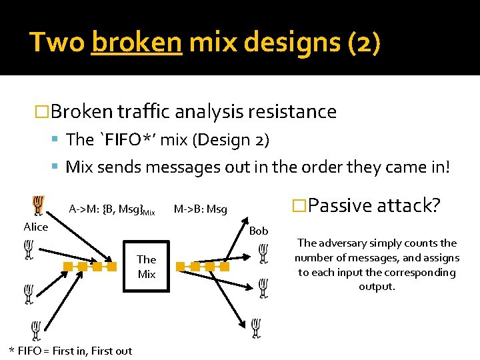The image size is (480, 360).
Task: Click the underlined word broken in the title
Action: coord(137,43)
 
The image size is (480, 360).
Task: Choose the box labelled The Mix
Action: coord(147,267)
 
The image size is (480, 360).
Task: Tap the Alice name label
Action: coord(36,227)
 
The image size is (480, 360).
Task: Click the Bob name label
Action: coord(258,231)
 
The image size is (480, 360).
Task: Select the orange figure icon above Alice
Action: coord(38,205)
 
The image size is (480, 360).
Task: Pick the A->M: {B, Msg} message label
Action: coord(111,210)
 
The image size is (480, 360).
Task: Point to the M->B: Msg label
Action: coord(200,210)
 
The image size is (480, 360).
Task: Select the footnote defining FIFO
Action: coord(70,351)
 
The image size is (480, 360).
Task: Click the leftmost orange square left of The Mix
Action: coord(67,267)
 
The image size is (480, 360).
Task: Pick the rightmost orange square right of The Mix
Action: coord(225,267)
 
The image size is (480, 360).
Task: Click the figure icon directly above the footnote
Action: coord(36,329)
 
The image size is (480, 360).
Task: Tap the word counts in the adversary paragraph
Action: coord(422,243)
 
